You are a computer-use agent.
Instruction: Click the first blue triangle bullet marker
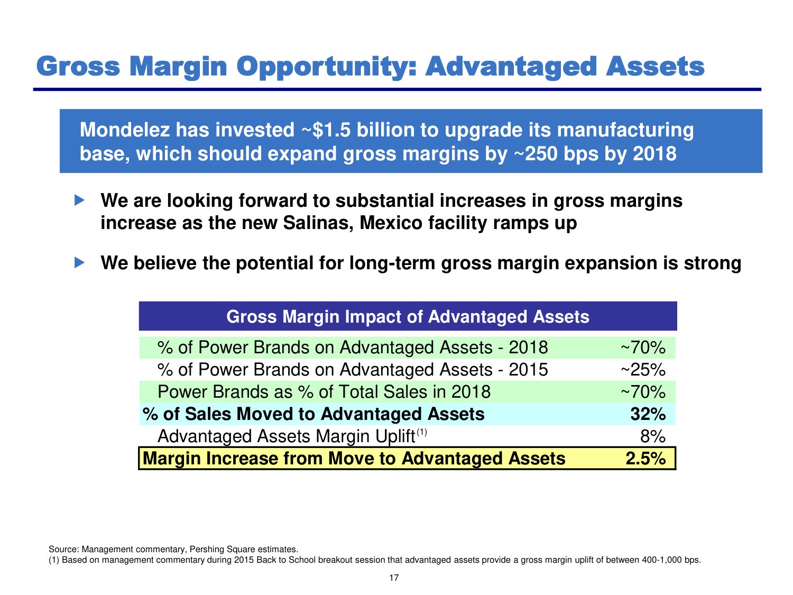[80, 200]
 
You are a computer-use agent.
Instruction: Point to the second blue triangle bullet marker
[80, 262]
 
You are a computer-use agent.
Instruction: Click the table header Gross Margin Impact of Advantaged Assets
[408, 316]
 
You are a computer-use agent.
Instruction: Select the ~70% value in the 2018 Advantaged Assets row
[643, 347]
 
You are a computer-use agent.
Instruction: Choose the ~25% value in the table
[643, 370]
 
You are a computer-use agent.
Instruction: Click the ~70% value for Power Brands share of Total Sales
[643, 392]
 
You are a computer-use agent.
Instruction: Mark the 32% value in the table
[648, 414]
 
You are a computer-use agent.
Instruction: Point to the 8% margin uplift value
[652, 436]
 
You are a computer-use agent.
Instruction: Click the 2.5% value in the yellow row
[646, 459]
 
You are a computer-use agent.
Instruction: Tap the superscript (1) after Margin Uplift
[421, 432]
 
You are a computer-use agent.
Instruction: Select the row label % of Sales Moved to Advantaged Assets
[313, 414]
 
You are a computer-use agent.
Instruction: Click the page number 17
[394, 578]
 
